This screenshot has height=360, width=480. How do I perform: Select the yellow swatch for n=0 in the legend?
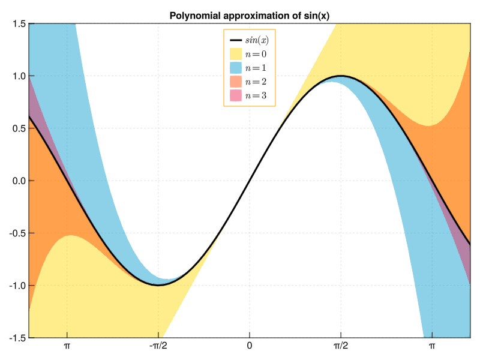(236, 55)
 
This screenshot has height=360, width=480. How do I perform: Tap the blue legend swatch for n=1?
(236, 68)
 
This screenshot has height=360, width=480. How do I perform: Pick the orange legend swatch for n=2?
(236, 82)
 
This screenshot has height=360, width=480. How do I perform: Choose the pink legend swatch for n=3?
(236, 95)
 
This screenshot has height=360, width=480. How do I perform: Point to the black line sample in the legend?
(236, 41)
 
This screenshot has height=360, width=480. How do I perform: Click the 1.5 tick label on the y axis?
(17, 23)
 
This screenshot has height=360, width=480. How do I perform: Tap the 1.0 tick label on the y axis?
(17, 76)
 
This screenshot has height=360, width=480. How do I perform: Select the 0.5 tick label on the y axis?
(17, 128)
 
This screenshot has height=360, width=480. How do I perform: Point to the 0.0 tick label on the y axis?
(17, 181)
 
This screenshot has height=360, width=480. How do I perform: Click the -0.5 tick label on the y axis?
(16, 233)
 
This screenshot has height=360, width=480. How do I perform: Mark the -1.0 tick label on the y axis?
(16, 286)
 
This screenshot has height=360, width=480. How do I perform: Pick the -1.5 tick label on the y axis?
(16, 338)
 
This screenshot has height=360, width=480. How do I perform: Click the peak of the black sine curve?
(341, 76)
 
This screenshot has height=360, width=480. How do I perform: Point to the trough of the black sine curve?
(158, 285)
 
